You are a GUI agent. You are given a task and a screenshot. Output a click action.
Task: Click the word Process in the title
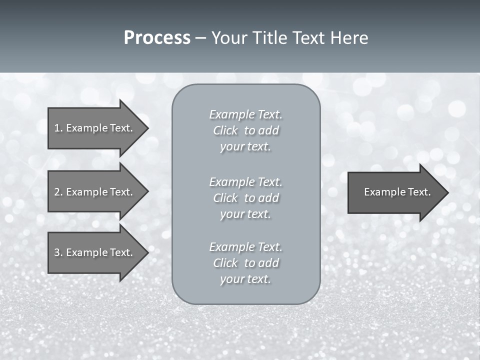(x=157, y=38)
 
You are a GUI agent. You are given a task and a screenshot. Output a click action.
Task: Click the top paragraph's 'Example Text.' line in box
(x=245, y=114)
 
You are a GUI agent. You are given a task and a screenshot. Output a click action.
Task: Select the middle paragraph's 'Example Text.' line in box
(x=245, y=181)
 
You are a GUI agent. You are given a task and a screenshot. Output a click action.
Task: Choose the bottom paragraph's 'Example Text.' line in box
(x=245, y=247)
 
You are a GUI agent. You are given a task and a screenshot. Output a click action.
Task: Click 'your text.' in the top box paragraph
(x=245, y=147)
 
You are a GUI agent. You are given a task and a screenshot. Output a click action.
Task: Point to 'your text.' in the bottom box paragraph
(x=245, y=279)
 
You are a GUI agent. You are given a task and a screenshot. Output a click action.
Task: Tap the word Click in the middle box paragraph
(x=225, y=198)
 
